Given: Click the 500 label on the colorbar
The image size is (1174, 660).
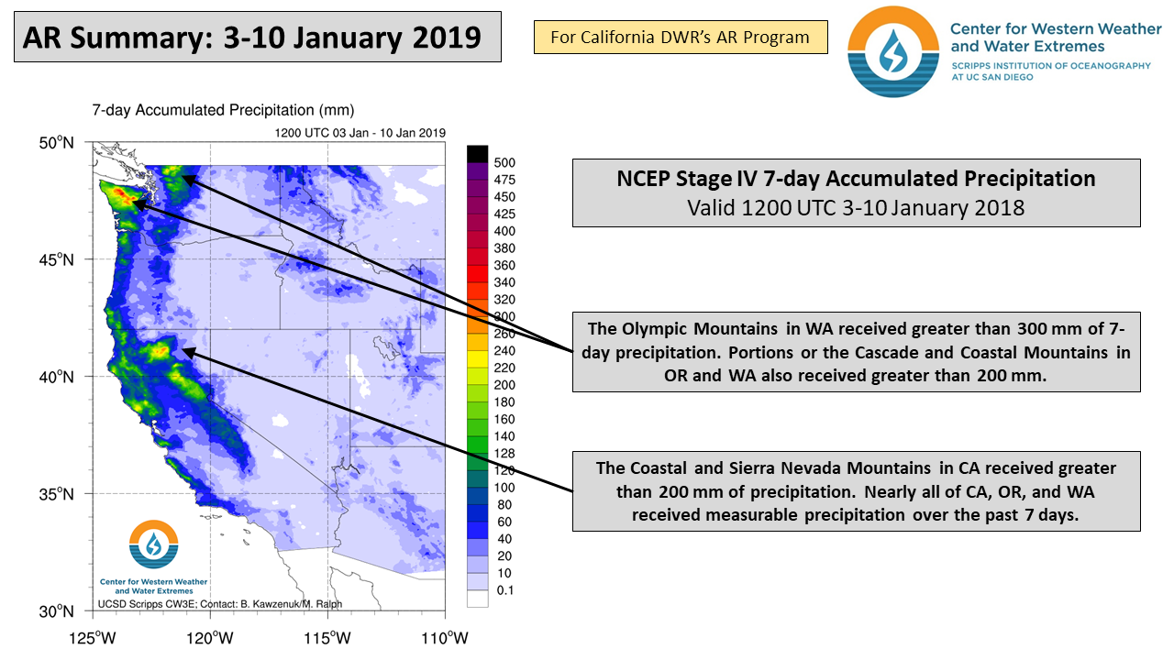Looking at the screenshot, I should [x=504, y=163].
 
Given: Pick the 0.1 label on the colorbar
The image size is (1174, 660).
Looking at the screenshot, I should [x=504, y=590].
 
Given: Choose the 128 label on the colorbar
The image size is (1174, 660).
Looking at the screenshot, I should [x=504, y=453].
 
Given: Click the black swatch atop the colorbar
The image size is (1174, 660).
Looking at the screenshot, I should [x=479, y=153].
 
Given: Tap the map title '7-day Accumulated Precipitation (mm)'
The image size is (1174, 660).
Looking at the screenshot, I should [x=223, y=110].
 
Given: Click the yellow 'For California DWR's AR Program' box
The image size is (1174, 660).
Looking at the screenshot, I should [x=680, y=38].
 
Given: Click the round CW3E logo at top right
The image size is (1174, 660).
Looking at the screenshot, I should [x=887, y=50].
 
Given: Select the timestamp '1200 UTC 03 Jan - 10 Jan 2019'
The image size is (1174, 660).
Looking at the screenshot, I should [x=360, y=132].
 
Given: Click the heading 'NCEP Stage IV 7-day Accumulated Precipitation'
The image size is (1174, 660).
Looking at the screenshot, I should [x=856, y=179].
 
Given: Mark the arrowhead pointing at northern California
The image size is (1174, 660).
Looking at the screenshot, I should [x=184, y=350].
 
